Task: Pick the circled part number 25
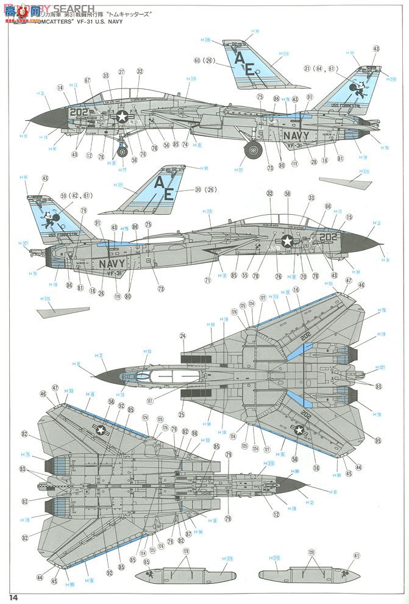click(182, 415)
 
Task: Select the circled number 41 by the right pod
click(357, 556)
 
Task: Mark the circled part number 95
click(378, 440)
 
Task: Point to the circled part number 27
click(121, 72)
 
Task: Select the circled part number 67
click(87, 80)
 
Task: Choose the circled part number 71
click(207, 280)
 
